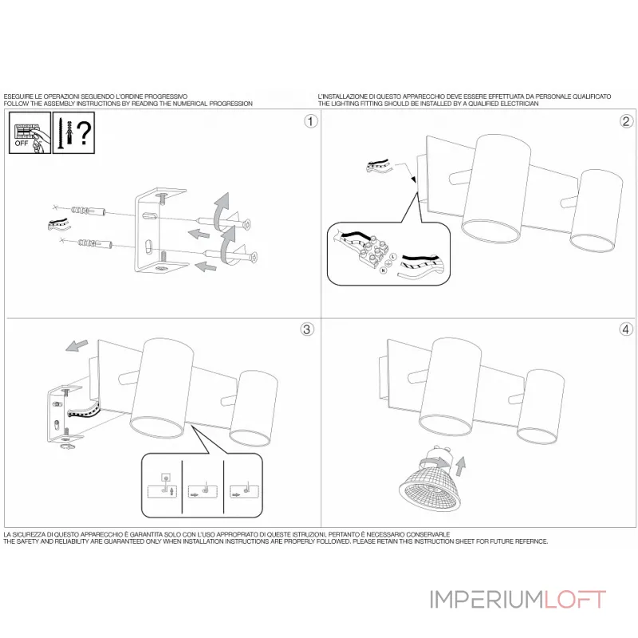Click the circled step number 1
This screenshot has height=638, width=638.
pyautogui.click(x=311, y=121)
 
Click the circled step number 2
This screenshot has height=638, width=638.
pyautogui.click(x=626, y=121)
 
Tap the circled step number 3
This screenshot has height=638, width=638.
pyautogui.click(x=311, y=329)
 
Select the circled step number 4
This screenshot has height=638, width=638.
pyautogui.click(x=626, y=329)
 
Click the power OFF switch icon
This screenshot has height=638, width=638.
pyautogui.click(x=28, y=133)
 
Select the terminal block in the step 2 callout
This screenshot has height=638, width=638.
pyautogui.click(x=372, y=257)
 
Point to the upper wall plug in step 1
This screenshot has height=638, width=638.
pyautogui.click(x=89, y=212)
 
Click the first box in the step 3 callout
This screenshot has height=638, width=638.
pyautogui.click(x=163, y=487)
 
